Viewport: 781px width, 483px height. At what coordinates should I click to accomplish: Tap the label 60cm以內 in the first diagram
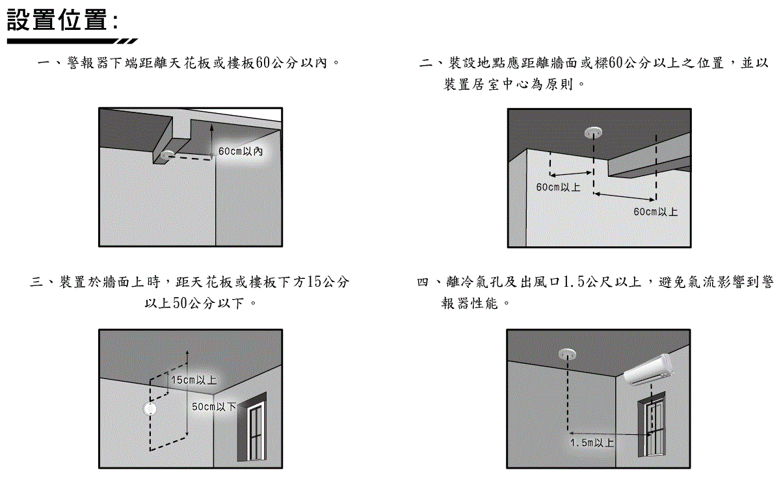[241, 151]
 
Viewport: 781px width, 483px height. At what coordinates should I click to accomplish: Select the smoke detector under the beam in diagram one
[167, 154]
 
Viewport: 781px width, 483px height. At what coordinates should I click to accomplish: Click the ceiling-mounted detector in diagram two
[592, 132]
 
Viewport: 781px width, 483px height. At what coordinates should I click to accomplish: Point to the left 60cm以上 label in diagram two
[557, 187]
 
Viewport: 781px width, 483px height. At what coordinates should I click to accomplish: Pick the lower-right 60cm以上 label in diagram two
[655, 212]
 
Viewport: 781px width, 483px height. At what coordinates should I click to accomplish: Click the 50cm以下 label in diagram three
[214, 407]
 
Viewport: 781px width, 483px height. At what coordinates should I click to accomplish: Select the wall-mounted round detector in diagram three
[150, 410]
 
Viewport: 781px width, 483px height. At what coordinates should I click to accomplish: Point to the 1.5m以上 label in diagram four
[592, 443]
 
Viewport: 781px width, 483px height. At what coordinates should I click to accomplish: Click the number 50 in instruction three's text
[180, 303]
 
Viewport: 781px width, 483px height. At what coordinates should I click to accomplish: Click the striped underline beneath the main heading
[72, 41]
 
